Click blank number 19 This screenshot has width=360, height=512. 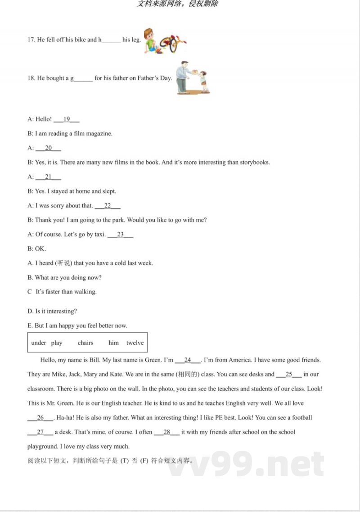pyautogui.click(x=67, y=119)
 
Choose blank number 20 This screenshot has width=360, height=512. pyautogui.click(x=48, y=148)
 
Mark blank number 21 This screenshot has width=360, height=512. pyautogui.click(x=48, y=177)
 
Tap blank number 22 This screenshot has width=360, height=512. pyautogui.click(x=108, y=206)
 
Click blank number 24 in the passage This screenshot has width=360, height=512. pyautogui.click(x=188, y=360)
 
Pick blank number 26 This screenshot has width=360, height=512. pyautogui.click(x=40, y=418)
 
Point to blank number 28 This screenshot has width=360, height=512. pyautogui.click(x=166, y=432)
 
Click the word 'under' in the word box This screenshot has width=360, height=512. pyautogui.click(x=39, y=343)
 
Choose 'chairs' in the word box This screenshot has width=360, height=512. pyautogui.click(x=85, y=343)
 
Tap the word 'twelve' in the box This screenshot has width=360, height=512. pyautogui.click(x=135, y=343)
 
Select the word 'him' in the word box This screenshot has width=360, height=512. pyautogui.click(x=113, y=343)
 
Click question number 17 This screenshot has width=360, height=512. pyautogui.click(x=31, y=40)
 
